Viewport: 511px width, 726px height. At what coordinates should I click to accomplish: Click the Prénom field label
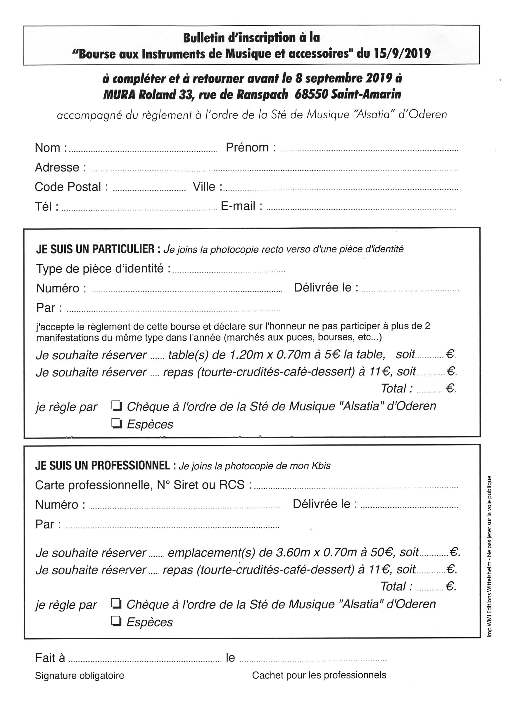[x=251, y=147]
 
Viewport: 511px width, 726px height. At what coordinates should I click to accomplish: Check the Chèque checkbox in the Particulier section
[x=117, y=405]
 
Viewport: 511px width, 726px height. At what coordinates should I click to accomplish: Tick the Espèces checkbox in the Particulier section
[x=117, y=423]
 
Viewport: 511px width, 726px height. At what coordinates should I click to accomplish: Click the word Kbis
[x=321, y=466]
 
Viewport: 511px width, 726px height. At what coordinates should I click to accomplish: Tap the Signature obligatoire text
[x=80, y=676]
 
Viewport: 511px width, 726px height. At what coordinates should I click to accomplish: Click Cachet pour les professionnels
[x=319, y=675]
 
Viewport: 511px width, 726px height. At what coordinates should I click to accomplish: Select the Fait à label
[x=50, y=658]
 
